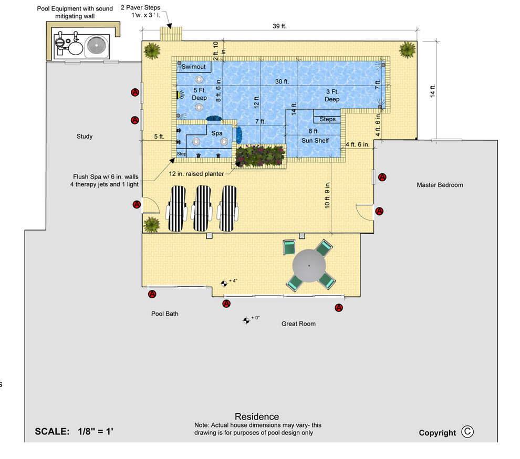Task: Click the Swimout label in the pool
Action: coord(193,67)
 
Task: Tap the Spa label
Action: coord(217,133)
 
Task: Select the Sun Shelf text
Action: coord(315,141)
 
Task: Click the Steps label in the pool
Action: coord(328,119)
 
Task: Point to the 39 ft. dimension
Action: coord(279,26)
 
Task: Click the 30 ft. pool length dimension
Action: coord(282,81)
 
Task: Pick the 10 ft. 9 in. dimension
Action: coord(327,195)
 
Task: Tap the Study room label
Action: coord(85,137)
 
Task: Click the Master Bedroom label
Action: coord(440,185)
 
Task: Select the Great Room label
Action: coord(298,324)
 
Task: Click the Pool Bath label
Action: coord(165,314)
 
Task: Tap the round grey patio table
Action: coord(309,266)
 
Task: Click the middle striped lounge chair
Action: coord(202,208)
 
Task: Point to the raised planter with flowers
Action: coord(261,156)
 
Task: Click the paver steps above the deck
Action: coord(171,34)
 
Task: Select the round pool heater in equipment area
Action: coord(97,46)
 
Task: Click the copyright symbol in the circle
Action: coord(467,432)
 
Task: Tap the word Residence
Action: coord(257,416)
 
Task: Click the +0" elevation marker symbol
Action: coord(246,320)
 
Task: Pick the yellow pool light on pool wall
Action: coord(178,95)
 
